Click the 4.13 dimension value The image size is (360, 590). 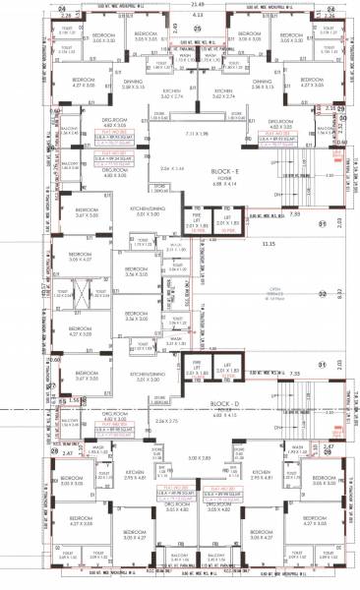pos(197,17)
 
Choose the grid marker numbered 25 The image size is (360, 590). pos(197,29)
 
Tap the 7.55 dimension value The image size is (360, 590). pos(293,374)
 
